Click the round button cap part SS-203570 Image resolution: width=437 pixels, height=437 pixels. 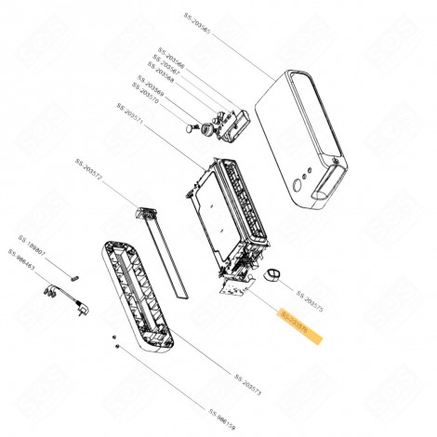coord(192,128)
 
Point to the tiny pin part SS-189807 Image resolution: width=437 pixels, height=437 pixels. coord(75,273)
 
